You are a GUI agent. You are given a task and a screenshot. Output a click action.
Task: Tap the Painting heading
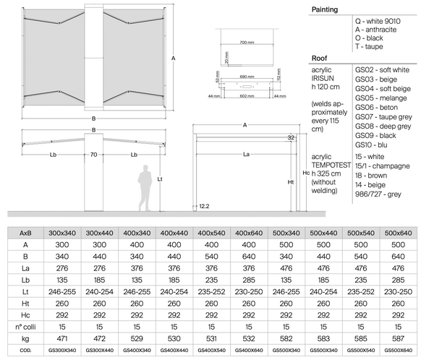(325, 9)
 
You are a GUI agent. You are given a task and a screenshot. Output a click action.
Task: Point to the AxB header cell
(25, 233)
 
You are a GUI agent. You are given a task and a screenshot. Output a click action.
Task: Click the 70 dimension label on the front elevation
(93, 154)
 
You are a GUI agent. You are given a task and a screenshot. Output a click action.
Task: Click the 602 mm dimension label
(248, 95)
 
